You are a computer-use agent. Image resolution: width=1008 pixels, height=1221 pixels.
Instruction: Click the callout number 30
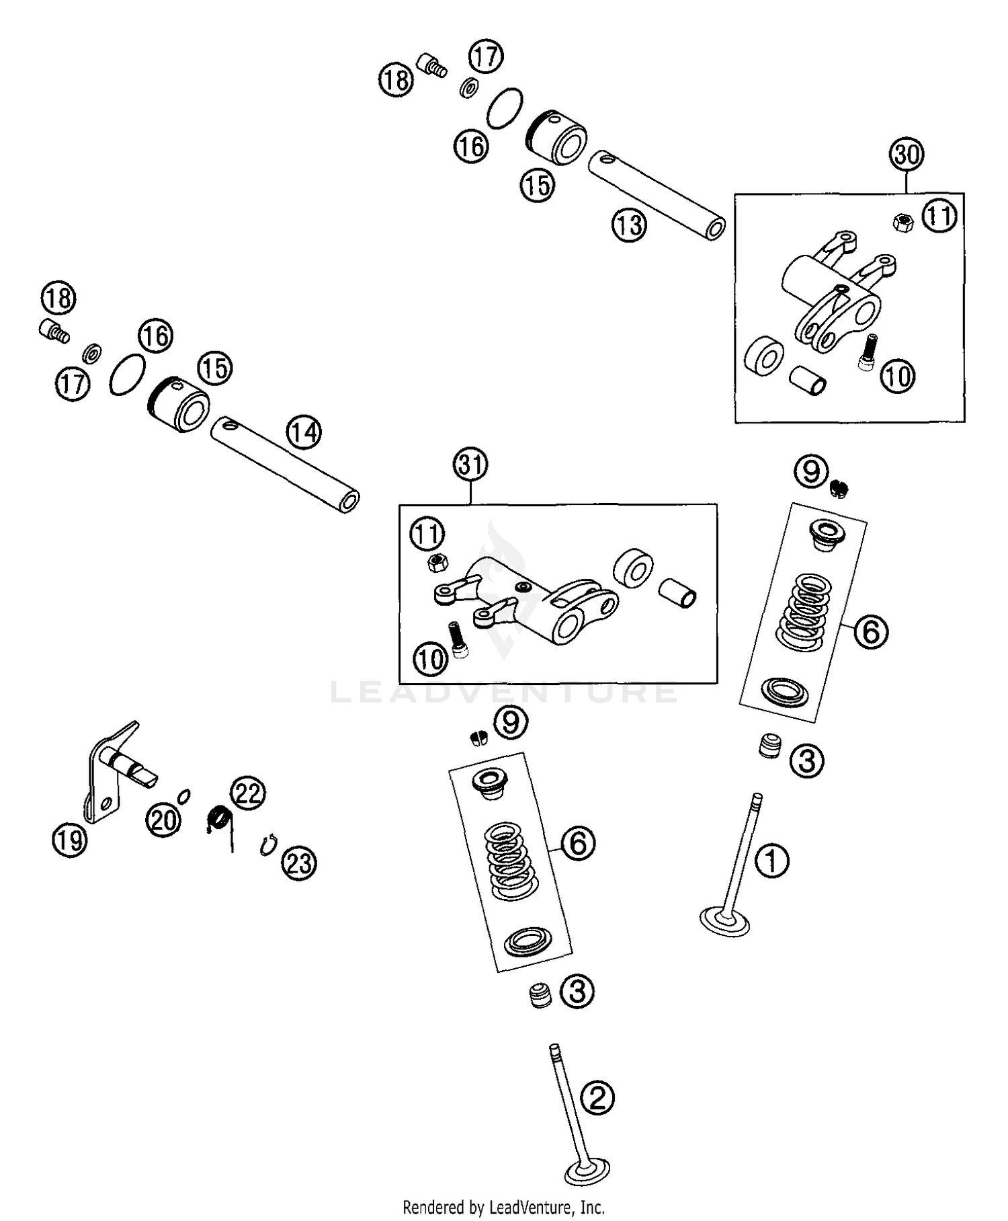pos(907,155)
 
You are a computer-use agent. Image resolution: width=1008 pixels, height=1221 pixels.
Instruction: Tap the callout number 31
pos(470,465)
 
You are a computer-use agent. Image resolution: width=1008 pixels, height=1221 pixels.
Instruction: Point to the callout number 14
pos(304,432)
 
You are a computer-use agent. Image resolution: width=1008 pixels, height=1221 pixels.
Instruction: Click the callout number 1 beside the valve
pos(772,861)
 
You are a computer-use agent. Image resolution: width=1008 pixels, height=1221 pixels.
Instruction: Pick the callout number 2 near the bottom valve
pos(597,1098)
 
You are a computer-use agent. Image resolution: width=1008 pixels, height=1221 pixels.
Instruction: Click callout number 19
pos(70,840)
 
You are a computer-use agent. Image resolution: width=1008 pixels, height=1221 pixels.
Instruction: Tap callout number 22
pos(248,794)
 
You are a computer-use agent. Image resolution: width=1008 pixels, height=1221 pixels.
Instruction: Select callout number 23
pos(299,863)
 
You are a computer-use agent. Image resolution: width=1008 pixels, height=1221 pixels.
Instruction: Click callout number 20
pos(164,820)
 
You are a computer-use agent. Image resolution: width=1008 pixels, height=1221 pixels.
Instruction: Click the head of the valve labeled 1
pos(724,922)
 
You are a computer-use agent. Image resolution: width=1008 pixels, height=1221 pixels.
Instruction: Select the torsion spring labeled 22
pos(219,821)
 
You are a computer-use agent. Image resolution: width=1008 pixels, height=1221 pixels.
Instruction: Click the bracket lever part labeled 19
pos(108,773)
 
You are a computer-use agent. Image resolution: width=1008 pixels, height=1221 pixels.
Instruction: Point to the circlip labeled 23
pos(267,844)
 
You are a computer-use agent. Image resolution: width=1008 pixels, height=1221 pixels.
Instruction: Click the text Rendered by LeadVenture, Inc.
pos(503,1207)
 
